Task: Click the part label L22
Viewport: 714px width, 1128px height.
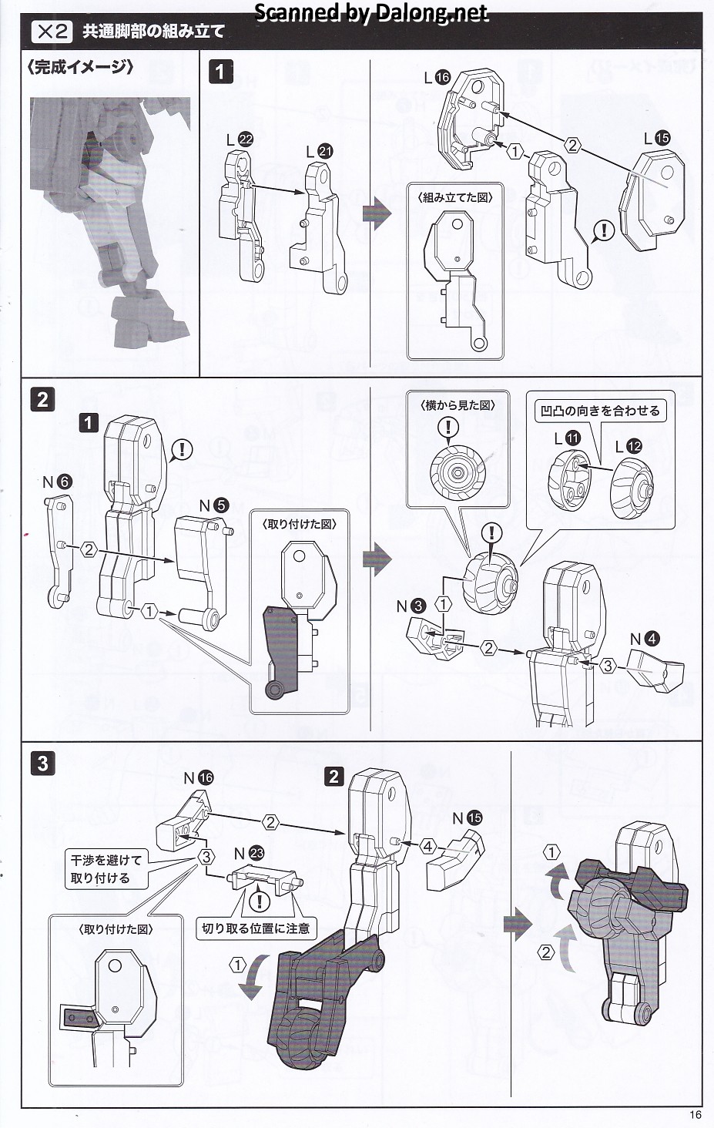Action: (240, 140)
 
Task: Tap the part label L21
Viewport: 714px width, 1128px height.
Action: (319, 152)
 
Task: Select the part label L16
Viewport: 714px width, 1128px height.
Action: (437, 77)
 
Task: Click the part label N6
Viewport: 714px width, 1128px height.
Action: (56, 482)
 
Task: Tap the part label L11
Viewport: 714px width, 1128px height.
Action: (567, 438)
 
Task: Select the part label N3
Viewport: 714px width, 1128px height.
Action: (411, 606)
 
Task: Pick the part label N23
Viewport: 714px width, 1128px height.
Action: (249, 853)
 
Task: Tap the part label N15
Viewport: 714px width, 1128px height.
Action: (467, 817)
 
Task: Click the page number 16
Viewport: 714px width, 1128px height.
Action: (696, 1114)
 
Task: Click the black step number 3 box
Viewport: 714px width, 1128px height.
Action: (43, 763)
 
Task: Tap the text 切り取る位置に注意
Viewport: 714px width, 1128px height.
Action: (256, 928)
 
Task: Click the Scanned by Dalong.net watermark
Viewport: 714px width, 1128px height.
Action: (370, 12)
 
